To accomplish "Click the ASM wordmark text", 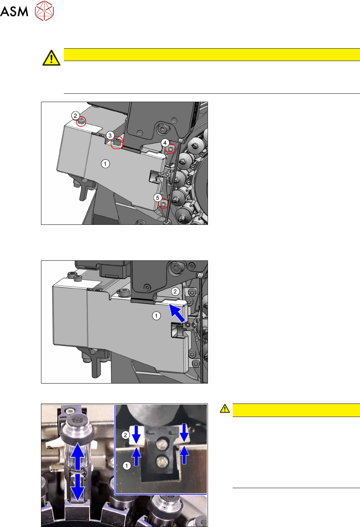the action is point(14,11).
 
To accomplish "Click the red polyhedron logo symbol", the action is point(44,11).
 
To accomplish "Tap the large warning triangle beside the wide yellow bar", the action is point(51,58).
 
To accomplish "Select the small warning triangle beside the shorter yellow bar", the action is point(225,409).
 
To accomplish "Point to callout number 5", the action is point(157,198).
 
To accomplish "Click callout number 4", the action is point(165,143).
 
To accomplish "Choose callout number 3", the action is point(110,135).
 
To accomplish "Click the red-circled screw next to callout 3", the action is point(117,142).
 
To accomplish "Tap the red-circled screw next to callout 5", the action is point(163,203).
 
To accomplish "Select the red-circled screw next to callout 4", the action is point(171,149).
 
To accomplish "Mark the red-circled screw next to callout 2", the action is point(81,121).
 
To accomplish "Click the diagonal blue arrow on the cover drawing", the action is point(177,312).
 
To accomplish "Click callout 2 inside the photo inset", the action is point(125,435).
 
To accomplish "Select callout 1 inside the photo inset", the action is point(127,466).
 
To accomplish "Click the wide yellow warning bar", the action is point(212,54).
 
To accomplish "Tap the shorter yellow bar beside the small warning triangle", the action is point(296,410).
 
